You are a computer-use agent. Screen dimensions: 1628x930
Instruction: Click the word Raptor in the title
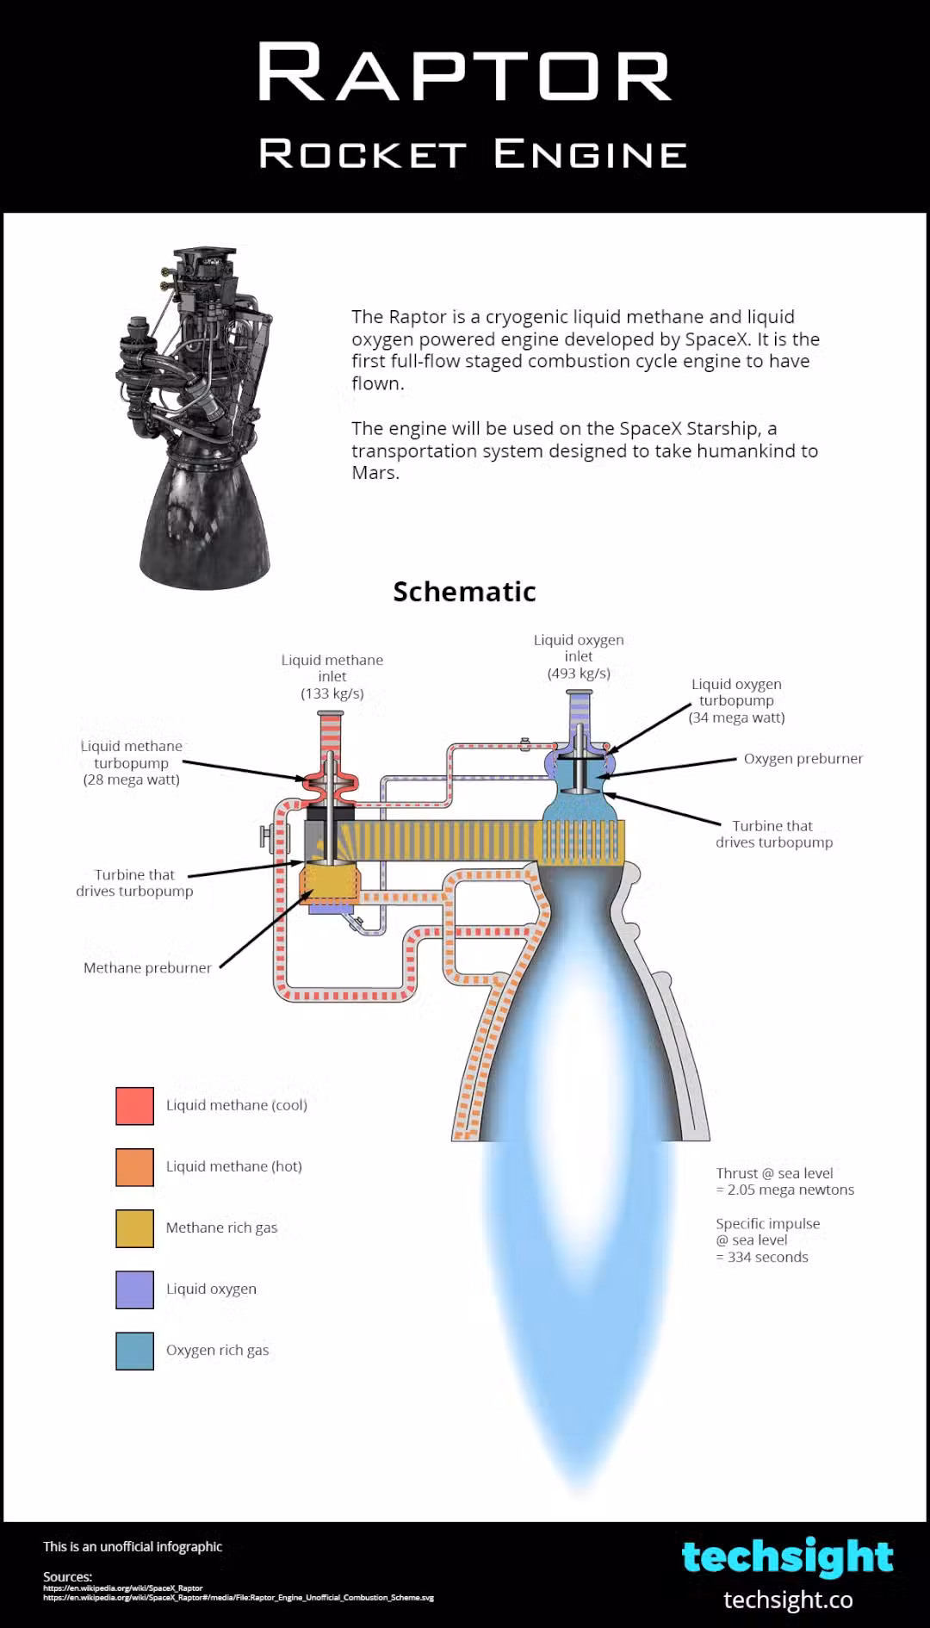pyautogui.click(x=464, y=74)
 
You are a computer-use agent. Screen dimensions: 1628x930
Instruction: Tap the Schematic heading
pyautogui.click(x=464, y=592)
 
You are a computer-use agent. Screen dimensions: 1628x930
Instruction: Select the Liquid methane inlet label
pyautogui.click(x=332, y=668)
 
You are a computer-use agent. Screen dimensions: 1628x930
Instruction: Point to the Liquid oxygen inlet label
pyautogui.click(x=579, y=648)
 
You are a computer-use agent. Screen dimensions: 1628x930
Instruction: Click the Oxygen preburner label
pyautogui.click(x=803, y=759)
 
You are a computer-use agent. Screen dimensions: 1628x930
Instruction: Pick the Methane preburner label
pyautogui.click(x=147, y=968)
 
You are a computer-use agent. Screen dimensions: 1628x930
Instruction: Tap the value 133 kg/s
pyautogui.click(x=332, y=693)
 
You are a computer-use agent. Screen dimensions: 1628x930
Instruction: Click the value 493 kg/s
pyautogui.click(x=579, y=674)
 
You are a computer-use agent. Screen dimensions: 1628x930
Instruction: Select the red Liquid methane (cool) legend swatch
pyautogui.click(x=135, y=1106)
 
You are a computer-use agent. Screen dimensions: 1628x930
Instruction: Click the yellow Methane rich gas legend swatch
pyautogui.click(x=135, y=1228)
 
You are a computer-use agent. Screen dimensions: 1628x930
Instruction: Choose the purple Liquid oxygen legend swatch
pyautogui.click(x=135, y=1289)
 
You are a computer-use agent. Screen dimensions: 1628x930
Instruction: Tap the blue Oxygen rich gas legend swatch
pyautogui.click(x=135, y=1351)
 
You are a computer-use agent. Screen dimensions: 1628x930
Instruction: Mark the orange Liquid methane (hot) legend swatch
pyautogui.click(x=135, y=1167)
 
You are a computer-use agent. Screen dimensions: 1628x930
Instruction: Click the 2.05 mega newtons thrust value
pyautogui.click(x=790, y=1190)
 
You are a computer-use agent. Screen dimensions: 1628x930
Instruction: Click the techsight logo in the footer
pyautogui.click(x=787, y=1557)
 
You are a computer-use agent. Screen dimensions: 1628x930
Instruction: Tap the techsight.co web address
pyautogui.click(x=788, y=1600)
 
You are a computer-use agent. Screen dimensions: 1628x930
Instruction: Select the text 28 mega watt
pyautogui.click(x=132, y=780)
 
